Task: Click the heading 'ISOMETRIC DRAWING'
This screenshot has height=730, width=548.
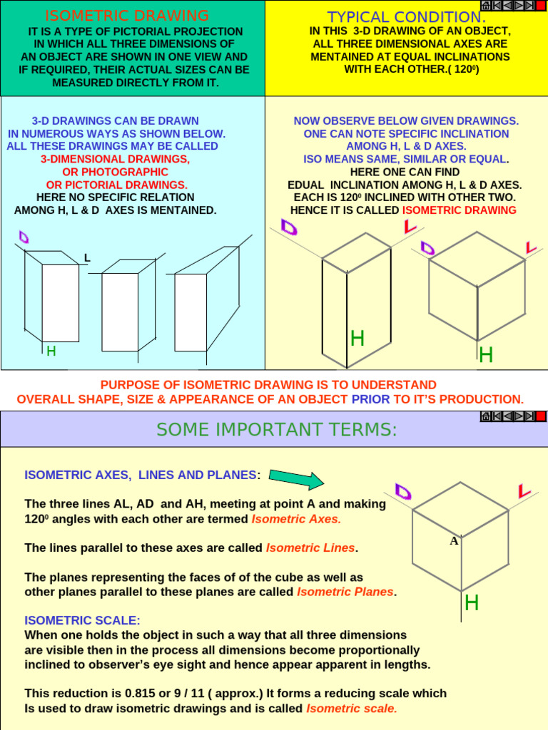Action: (x=127, y=16)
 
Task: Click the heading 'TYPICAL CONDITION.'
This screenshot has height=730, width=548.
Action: (x=407, y=17)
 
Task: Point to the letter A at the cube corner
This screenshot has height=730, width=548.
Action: (x=454, y=541)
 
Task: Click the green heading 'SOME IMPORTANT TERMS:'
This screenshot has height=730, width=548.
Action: (x=276, y=430)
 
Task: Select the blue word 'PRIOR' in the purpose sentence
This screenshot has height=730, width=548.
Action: (x=370, y=399)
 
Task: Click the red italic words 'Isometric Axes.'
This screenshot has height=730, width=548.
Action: (x=296, y=519)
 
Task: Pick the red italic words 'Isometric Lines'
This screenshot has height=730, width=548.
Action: (x=310, y=548)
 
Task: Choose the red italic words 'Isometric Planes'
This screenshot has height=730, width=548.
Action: (x=345, y=592)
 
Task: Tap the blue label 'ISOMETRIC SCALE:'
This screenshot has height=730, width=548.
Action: (x=82, y=620)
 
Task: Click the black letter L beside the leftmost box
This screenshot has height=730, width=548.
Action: (x=87, y=258)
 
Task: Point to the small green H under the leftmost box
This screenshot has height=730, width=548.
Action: (x=51, y=351)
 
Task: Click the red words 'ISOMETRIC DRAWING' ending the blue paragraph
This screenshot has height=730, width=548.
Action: (x=459, y=210)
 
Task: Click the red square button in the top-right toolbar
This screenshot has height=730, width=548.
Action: (x=540, y=6)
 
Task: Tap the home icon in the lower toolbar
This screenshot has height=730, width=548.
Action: (x=485, y=416)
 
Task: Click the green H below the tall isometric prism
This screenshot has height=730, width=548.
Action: (x=357, y=339)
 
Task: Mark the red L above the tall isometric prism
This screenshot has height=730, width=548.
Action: (x=410, y=227)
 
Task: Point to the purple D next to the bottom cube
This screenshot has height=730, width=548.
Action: (x=403, y=492)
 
